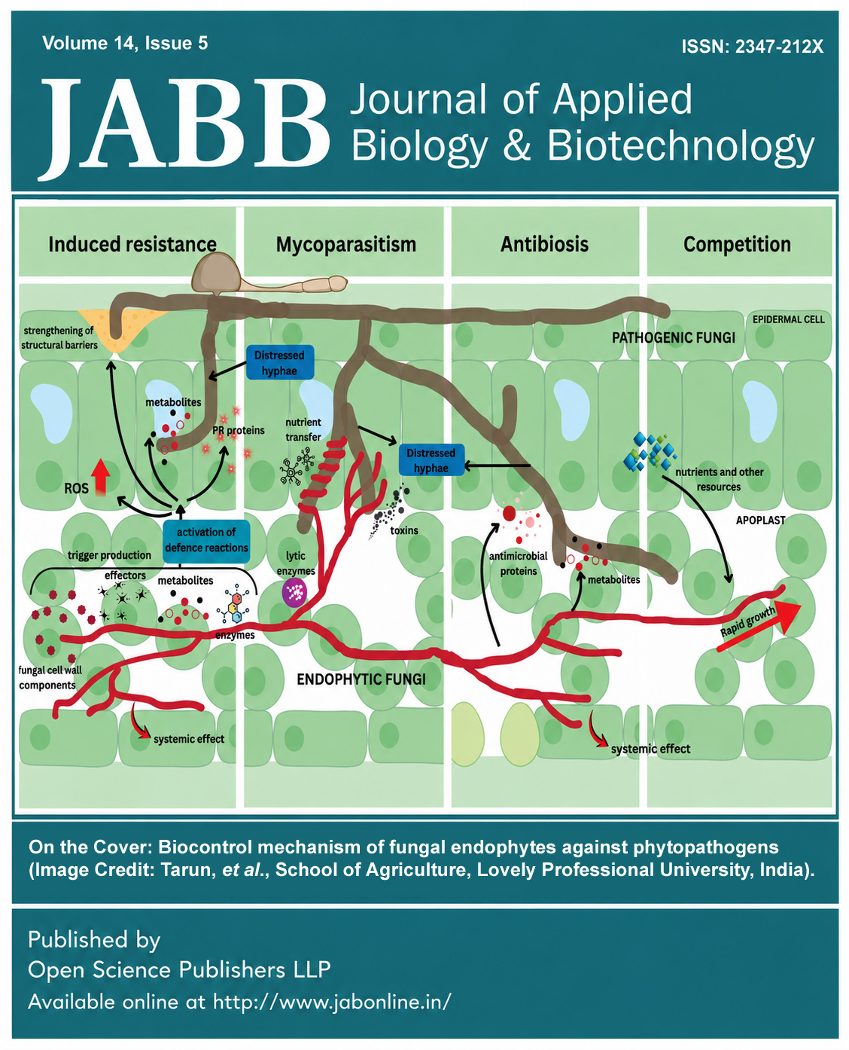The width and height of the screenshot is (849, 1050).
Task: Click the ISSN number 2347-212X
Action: [x=778, y=47]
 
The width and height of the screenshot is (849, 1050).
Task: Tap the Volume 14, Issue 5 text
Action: [x=125, y=43]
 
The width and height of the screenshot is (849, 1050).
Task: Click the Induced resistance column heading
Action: [x=132, y=244]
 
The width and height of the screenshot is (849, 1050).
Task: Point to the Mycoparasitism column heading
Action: [x=345, y=245]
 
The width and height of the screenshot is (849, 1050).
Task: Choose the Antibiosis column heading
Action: [x=544, y=244]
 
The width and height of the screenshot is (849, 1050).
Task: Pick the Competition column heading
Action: [x=737, y=244]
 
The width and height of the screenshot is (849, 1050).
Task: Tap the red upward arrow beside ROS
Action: [x=101, y=477]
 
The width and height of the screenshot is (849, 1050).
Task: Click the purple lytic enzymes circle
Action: [x=294, y=592]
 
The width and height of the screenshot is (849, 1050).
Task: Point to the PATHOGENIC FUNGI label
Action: [x=673, y=337]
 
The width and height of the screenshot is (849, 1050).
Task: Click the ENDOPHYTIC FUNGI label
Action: [x=361, y=679]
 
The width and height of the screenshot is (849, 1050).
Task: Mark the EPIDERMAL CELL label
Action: [x=789, y=319]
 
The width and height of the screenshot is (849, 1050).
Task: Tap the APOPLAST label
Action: [x=760, y=520]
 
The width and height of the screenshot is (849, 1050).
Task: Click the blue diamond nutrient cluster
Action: [x=650, y=451]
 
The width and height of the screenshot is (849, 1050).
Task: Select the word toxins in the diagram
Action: [x=404, y=530]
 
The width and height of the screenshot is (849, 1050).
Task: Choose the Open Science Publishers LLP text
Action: [x=179, y=969]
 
